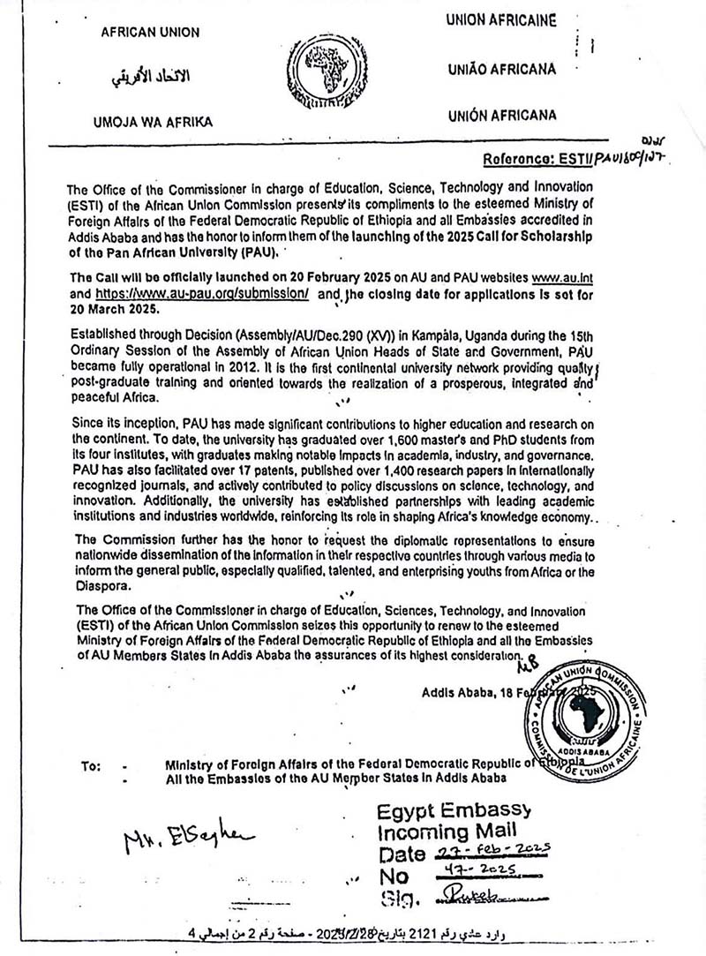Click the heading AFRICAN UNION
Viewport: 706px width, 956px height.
tap(150, 33)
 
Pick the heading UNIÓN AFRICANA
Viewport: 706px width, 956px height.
tap(501, 116)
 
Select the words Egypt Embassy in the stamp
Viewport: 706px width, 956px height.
tap(454, 810)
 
